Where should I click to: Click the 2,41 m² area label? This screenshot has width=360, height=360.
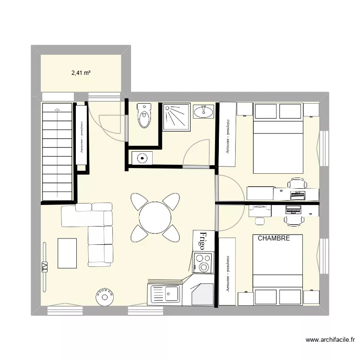click(82, 73)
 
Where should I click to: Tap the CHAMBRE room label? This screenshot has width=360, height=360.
click(274, 238)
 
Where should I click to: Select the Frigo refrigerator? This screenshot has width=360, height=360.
click(202, 240)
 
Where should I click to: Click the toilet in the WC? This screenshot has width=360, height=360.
click(144, 116)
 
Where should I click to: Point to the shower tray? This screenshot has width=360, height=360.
click(176, 116)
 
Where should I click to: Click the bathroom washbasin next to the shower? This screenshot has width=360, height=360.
click(204, 112)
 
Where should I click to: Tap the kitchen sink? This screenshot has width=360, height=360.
click(165, 293)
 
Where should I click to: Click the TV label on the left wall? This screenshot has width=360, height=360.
click(45, 267)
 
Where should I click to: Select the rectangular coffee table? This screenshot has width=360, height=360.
click(67, 253)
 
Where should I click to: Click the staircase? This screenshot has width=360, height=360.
click(57, 151)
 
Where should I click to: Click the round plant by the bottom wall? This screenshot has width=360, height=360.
click(104, 297)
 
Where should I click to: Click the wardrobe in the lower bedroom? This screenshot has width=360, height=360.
click(228, 271)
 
